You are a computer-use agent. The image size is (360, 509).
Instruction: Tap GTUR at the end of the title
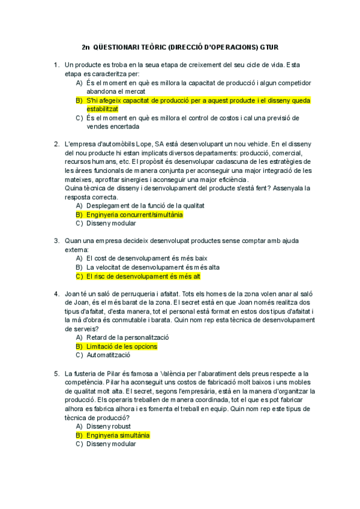pos(268,47)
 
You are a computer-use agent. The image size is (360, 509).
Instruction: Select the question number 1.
pos(56,65)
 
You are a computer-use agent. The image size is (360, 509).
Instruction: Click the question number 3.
pos(56,241)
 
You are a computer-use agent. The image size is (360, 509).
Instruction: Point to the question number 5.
pos(56,373)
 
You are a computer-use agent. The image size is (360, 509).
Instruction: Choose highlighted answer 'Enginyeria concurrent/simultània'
pos(134,214)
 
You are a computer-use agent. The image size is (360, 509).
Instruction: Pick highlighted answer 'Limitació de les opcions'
pos(122,346)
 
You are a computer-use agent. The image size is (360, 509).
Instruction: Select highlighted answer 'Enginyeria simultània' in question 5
pos(118,435)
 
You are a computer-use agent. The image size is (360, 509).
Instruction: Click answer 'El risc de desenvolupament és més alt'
pos(143,276)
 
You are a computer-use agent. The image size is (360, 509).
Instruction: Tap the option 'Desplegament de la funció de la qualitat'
pos(146,205)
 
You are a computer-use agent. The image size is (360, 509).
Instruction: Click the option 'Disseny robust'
pos(110,426)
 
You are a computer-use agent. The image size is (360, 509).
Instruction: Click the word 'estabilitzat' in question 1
pos(103,109)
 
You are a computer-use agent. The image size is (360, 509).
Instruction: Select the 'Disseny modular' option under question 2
pos(112,223)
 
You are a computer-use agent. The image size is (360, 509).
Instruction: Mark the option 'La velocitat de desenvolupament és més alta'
pos(153,267)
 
